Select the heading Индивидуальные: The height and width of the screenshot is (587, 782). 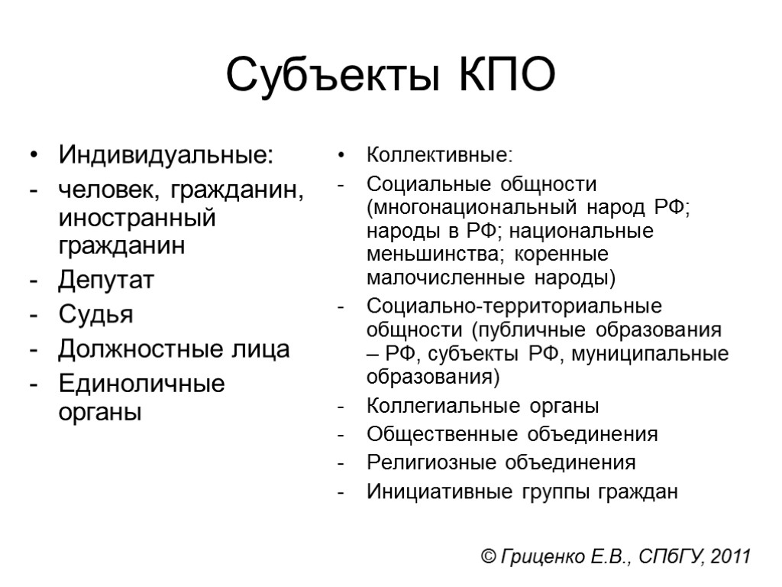click(x=165, y=156)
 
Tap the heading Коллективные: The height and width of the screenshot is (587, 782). click(x=441, y=156)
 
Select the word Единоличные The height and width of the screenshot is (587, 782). click(x=142, y=384)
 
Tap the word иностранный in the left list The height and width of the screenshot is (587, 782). click(x=137, y=219)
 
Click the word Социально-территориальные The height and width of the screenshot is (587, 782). click(x=514, y=307)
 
